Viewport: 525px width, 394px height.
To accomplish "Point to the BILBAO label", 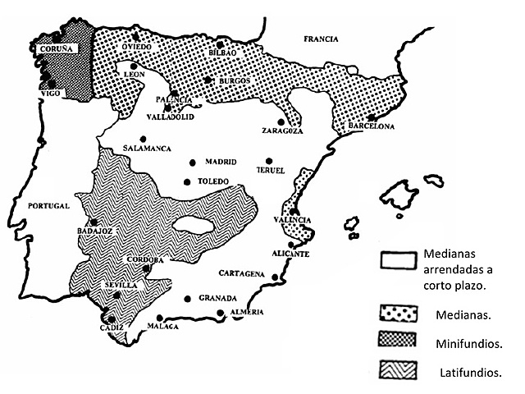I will pyautogui.click(x=222, y=53).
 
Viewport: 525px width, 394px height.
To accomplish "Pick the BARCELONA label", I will pyautogui.click(x=372, y=126).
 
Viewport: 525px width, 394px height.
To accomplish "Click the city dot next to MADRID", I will pyautogui.click(x=193, y=162).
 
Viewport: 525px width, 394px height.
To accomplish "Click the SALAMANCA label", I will pyautogui.click(x=146, y=149).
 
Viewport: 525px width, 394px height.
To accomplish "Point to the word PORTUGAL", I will pyautogui.click(x=46, y=205).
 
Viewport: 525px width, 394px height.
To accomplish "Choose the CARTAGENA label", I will pyautogui.click(x=241, y=273).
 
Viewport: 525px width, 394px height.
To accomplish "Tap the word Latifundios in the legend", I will pyautogui.click(x=471, y=372).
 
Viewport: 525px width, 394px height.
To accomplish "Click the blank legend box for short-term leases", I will pyautogui.click(x=399, y=260).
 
